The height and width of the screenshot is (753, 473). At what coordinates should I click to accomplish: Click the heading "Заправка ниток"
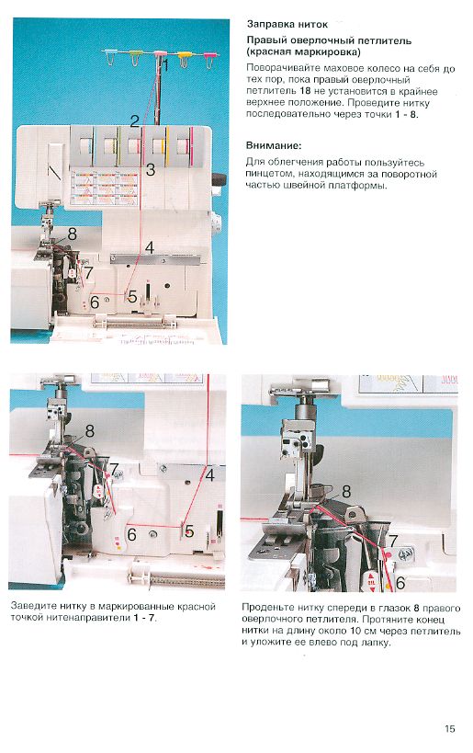click(x=287, y=25)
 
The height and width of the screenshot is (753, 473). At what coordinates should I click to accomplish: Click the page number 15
click(x=449, y=728)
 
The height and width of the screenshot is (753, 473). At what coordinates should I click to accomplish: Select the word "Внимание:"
click(x=274, y=145)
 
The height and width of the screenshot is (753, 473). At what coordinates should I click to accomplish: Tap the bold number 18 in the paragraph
click(x=306, y=91)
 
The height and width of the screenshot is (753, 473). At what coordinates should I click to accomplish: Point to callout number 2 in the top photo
click(x=134, y=121)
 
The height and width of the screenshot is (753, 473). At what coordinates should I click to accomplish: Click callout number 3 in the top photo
click(x=151, y=169)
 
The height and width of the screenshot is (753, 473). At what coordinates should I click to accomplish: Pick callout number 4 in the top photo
click(x=150, y=248)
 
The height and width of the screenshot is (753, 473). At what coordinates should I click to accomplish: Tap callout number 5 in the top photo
click(x=132, y=296)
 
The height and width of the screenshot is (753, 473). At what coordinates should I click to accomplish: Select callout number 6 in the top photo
click(x=95, y=302)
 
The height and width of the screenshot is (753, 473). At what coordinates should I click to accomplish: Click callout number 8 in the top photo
click(x=72, y=234)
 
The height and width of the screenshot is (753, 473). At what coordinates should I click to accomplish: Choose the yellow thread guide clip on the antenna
click(x=184, y=59)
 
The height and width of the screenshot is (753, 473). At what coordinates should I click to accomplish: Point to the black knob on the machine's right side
click(x=219, y=179)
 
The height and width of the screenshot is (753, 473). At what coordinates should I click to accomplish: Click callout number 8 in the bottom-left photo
click(x=90, y=431)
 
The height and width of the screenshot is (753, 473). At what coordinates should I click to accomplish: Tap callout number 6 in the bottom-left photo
click(x=131, y=534)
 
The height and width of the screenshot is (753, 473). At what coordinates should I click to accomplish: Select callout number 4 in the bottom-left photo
click(x=209, y=475)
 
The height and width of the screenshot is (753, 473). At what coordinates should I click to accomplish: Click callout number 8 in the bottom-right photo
click(x=346, y=491)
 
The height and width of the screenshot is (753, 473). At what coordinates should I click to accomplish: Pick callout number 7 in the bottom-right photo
click(x=393, y=542)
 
